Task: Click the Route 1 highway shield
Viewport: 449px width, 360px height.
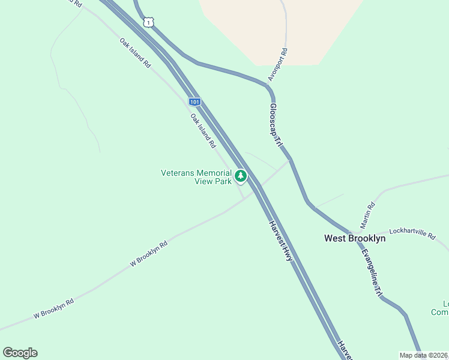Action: [x=148, y=22]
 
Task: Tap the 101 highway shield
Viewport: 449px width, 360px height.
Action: [x=194, y=101]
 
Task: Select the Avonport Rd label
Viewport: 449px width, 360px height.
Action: [x=279, y=65]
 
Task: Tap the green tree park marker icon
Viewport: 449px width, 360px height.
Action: [x=241, y=176]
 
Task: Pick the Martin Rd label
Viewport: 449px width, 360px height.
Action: [x=367, y=214]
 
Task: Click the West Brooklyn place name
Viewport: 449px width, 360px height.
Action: [x=355, y=238]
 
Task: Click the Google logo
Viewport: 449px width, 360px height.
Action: [x=20, y=353]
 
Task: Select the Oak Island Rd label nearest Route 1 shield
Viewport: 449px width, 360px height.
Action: [x=135, y=53]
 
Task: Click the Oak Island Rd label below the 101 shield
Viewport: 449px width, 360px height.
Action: [x=203, y=130]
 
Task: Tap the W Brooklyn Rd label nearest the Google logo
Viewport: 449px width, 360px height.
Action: [x=53, y=309]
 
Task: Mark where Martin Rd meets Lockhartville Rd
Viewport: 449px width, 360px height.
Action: [x=360, y=231]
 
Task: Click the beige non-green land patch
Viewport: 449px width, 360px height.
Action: [x=282, y=30]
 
